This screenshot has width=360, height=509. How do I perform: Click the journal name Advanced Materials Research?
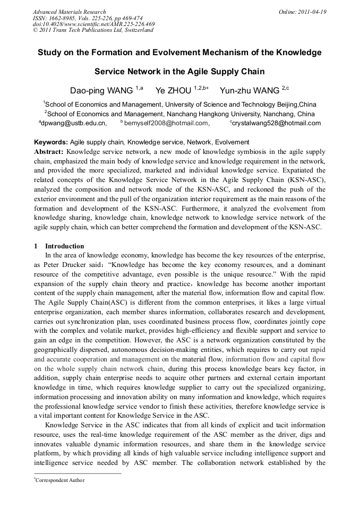tap(69, 12)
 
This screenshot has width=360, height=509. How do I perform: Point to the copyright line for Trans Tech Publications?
tap(93, 30)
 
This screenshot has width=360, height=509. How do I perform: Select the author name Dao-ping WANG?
tap(101, 90)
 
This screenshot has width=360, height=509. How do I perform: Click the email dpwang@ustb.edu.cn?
tap(74, 123)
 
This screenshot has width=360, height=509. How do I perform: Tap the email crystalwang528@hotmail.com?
tap(277, 123)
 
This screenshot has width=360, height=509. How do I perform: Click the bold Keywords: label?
tap(51, 142)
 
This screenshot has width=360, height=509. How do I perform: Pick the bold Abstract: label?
tap(50, 152)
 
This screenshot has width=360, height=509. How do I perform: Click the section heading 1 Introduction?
tap(59, 246)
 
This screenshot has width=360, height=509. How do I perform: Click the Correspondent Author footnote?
tap(59, 480)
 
